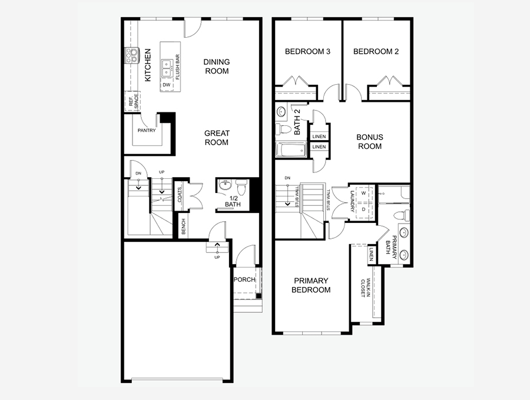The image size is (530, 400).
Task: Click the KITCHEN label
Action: (x=148, y=65)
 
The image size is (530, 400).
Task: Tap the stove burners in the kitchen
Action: (x=132, y=55)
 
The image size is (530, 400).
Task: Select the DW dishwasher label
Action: (x=167, y=85)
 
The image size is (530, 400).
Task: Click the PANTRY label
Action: (x=147, y=131)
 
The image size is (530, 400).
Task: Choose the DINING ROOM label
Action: (x=217, y=66)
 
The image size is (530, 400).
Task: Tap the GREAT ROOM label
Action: (x=217, y=138)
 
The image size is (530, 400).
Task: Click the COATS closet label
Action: (x=180, y=195)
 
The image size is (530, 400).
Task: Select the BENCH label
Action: (x=183, y=226)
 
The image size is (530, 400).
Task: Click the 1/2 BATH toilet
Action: (x=241, y=186)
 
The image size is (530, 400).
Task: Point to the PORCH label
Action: (x=244, y=279)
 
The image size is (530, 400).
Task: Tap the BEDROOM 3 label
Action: (x=307, y=52)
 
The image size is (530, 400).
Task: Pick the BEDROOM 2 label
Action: (x=376, y=52)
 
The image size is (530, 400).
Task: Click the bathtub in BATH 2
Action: (x=291, y=149)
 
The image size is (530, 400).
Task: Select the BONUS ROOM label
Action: (x=370, y=142)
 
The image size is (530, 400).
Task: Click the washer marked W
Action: (x=363, y=194)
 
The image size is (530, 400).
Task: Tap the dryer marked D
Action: (x=363, y=210)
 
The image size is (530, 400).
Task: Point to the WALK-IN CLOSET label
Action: (x=363, y=287)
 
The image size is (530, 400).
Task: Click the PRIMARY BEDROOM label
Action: (x=311, y=285)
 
